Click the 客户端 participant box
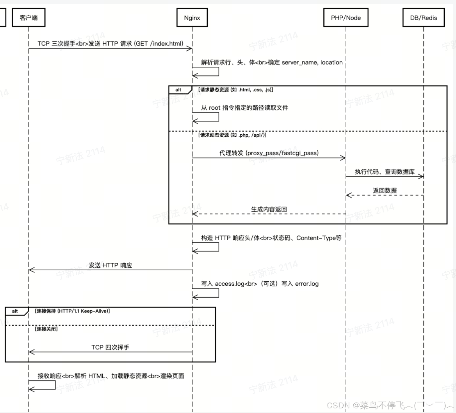click(29, 18)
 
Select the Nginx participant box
click(192, 18)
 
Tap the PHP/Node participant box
click(346, 18)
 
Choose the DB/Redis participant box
click(423, 18)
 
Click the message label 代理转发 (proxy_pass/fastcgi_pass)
click(269, 153)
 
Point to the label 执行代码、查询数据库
click(385, 172)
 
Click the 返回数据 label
click(385, 191)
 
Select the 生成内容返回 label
click(269, 209)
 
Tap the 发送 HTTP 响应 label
click(110, 265)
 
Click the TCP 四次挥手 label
click(110, 347)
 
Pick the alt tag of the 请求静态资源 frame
click(178, 90)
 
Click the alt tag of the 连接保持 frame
click(15, 311)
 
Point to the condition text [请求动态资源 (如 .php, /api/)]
click(232, 135)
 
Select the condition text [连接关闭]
click(46, 329)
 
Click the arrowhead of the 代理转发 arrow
click(343, 158)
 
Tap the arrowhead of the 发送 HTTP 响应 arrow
click(31, 270)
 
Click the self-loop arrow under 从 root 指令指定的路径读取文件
click(206, 117)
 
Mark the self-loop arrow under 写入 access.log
click(206, 293)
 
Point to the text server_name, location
click(312, 62)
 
